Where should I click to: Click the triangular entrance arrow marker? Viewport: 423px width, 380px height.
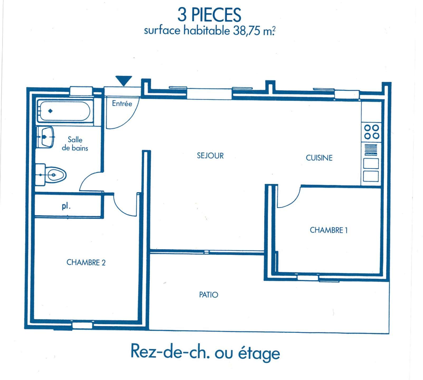[124, 80]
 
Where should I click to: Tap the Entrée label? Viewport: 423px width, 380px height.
[122, 103]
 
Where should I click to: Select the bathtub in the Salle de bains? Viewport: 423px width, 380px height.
[65, 111]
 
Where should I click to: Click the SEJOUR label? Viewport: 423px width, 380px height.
[210, 156]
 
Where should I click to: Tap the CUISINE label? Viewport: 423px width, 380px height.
[319, 158]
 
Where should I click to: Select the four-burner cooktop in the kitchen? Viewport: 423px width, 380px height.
[372, 132]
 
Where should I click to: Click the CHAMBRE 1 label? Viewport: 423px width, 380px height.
[329, 230]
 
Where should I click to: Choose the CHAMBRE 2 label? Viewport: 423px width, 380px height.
[86, 262]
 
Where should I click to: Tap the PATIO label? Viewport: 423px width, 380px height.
[209, 294]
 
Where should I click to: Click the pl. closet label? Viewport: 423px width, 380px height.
[66, 206]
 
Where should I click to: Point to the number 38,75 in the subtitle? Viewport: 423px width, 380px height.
[247, 31]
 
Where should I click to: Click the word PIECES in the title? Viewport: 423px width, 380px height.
[216, 15]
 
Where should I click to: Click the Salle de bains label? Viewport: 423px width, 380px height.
[75, 144]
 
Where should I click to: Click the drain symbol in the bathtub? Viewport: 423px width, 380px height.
[50, 111]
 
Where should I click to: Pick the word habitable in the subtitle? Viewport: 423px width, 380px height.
[207, 30]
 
